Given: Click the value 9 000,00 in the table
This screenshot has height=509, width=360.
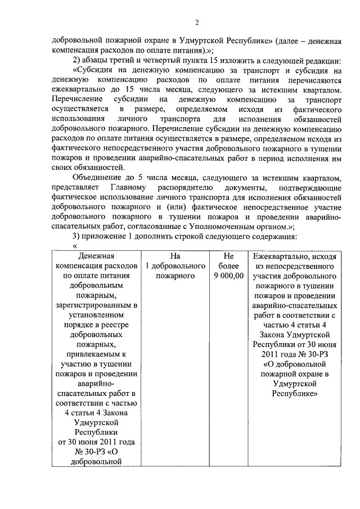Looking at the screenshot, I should (x=228, y=276).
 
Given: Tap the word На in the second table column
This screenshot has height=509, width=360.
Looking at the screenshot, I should (x=174, y=256).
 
